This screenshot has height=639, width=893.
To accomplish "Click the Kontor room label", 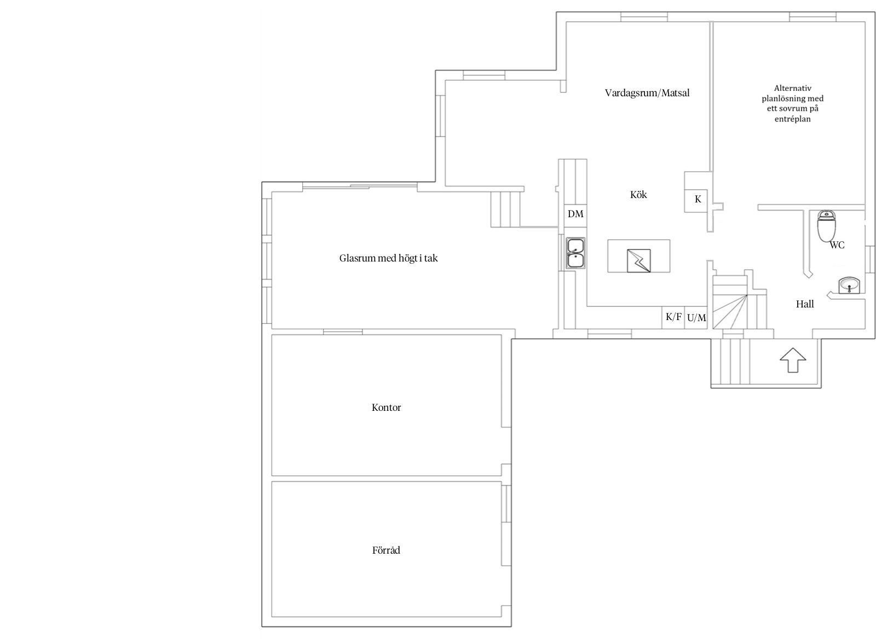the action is point(386,408).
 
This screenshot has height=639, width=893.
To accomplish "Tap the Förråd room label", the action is point(386,550).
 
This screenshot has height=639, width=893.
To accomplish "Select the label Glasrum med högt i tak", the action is point(388,258).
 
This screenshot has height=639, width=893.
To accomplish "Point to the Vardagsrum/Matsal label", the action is point(647,93).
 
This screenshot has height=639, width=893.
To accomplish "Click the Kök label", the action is point(638,194).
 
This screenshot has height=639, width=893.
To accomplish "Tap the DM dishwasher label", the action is point(575,214).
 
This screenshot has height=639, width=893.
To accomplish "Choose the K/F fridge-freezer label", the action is point(673,317).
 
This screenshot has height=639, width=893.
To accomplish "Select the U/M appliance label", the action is point(696,317).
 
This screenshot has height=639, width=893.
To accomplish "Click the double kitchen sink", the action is point(575,253).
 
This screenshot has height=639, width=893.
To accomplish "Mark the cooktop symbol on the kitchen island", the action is point(638,261).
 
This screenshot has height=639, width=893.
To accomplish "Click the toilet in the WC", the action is point(826,226).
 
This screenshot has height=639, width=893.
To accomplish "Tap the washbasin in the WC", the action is point(849,286).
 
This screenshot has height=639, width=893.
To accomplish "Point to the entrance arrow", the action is point(793,360).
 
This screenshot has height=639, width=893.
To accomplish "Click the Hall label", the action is point(805,304).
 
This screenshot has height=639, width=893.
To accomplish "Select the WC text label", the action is point(837,245).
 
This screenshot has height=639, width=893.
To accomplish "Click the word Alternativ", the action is point(793,88).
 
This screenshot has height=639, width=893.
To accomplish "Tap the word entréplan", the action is point(793,119).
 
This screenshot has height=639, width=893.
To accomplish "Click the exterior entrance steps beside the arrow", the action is point(730,361).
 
